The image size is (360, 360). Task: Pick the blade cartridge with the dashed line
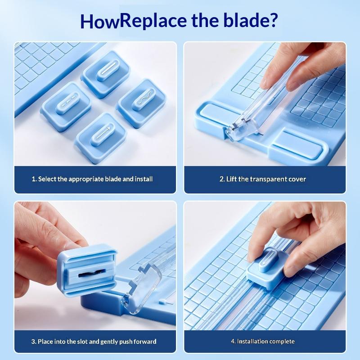[66, 106]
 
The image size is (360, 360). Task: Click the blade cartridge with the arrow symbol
[101, 138]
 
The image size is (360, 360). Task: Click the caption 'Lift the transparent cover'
[266, 179]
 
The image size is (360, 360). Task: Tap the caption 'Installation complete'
[265, 341]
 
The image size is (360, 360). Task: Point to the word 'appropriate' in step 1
[86, 179]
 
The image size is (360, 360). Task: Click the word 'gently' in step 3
[109, 342]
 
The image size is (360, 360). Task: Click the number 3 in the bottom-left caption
[33, 342]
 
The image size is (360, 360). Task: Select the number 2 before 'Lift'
[221, 179]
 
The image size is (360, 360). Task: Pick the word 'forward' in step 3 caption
[145, 342]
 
